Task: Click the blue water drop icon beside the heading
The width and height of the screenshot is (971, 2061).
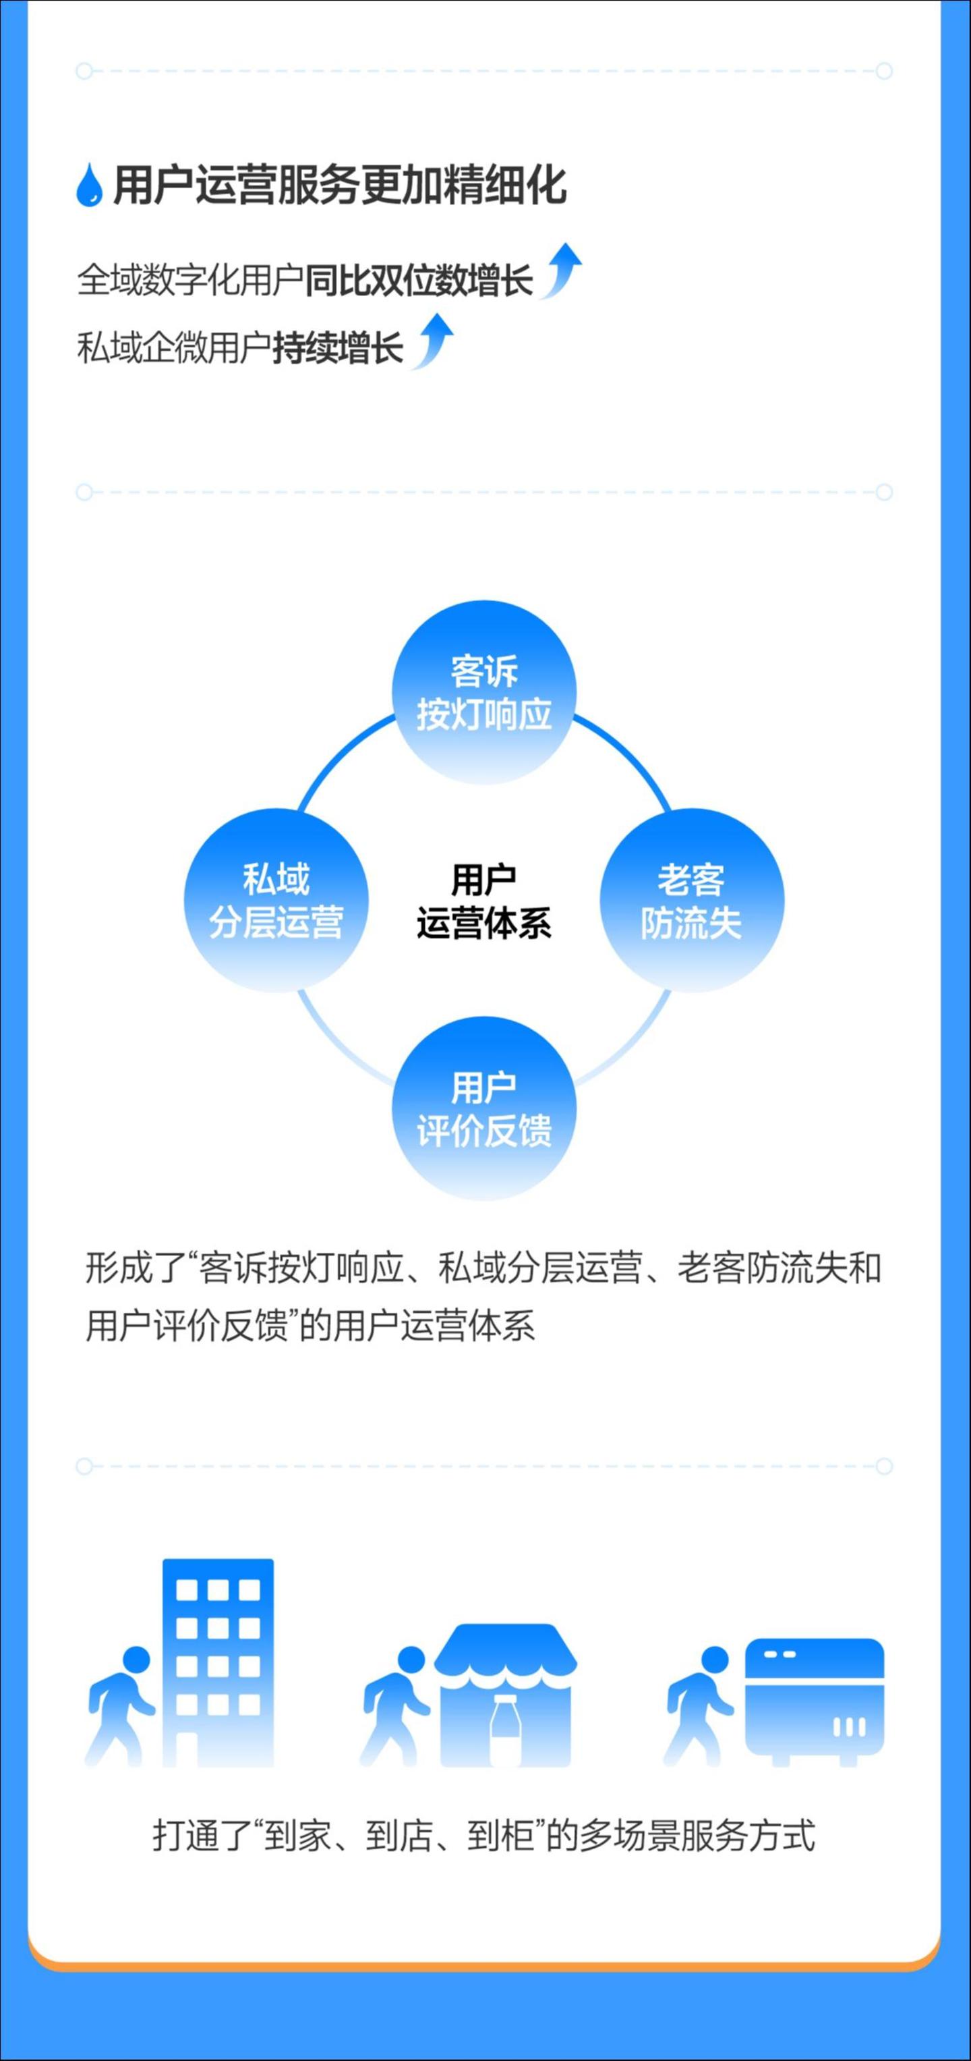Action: pyautogui.click(x=90, y=185)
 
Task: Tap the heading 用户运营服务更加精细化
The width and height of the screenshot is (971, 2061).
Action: pyautogui.click(x=340, y=186)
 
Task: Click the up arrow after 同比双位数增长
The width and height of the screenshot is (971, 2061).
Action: pyautogui.click(x=560, y=271)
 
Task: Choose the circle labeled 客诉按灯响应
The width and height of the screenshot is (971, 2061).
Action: pyautogui.click(x=484, y=692)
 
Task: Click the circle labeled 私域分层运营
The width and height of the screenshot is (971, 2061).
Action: pyautogui.click(x=276, y=900)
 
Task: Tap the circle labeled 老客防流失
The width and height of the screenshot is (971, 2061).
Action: pyautogui.click(x=692, y=900)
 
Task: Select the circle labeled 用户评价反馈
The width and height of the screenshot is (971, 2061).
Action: pyautogui.click(x=484, y=1108)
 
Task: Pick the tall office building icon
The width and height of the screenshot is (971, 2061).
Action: pyautogui.click(x=218, y=1662)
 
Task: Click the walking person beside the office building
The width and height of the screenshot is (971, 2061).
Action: pyautogui.click(x=120, y=1705)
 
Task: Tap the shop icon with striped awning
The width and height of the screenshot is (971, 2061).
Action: pyautogui.click(x=506, y=1695)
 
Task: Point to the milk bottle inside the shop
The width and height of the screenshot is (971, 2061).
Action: pyautogui.click(x=504, y=1730)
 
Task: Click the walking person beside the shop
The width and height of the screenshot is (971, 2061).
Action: pyautogui.click(x=395, y=1705)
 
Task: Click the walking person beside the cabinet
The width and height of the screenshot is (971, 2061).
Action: pyautogui.click(x=699, y=1705)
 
